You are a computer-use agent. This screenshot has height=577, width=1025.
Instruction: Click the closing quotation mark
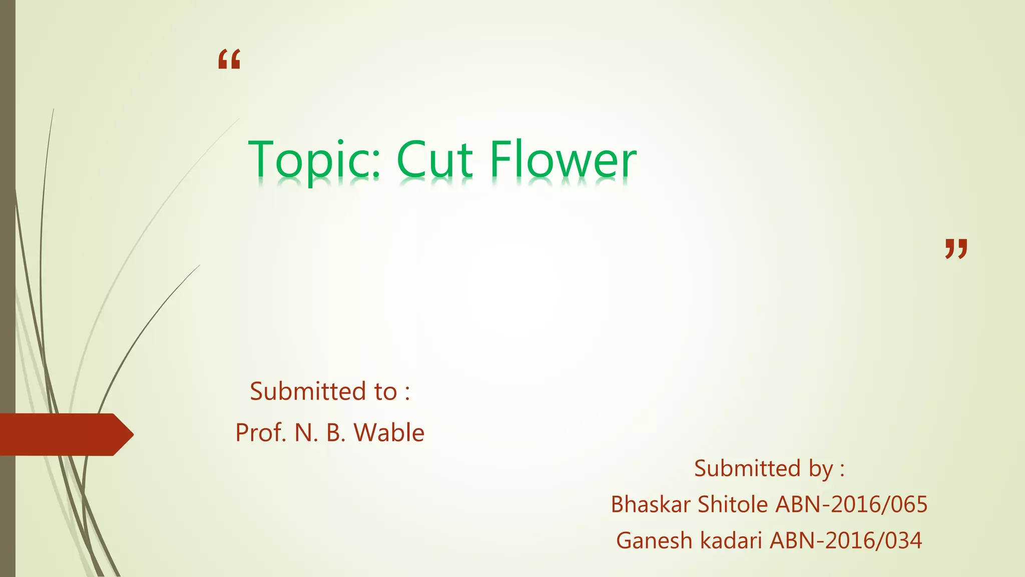pyautogui.click(x=956, y=248)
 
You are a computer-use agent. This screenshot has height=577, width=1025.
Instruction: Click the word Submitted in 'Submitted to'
pyautogui.click(x=308, y=391)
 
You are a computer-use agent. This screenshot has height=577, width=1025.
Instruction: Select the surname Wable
pyautogui.click(x=389, y=433)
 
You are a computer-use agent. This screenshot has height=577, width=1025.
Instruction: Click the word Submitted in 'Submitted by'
pyautogui.click(x=748, y=469)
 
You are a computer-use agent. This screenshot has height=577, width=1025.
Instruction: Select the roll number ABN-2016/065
pyautogui.click(x=851, y=504)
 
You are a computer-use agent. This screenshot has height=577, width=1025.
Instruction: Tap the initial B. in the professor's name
pyautogui.click(x=336, y=433)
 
